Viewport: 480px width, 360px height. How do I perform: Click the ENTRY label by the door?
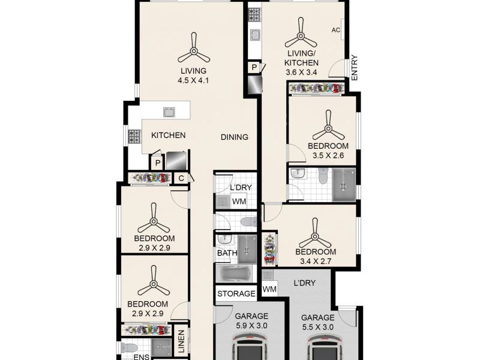click(355, 68)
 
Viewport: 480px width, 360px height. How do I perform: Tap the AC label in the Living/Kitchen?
click(336, 30)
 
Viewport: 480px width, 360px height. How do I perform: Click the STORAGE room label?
click(236, 293)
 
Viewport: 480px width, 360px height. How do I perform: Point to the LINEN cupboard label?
click(182, 341)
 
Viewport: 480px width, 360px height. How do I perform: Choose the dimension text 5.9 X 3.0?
click(251, 326)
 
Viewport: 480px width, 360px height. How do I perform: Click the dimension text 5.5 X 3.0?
click(318, 327)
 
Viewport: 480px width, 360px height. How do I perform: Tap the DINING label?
click(235, 137)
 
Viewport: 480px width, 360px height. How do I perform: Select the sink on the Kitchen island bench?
click(169, 112)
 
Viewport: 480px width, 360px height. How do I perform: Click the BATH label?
click(227, 253)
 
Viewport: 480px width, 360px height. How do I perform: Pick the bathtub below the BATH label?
click(236, 274)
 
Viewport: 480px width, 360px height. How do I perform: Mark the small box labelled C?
click(181, 178)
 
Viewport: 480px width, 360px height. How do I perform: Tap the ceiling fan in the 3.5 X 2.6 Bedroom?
click(328, 126)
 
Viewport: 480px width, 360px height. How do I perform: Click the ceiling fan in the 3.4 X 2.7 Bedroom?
click(315, 233)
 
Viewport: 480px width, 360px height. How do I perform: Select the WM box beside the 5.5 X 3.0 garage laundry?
click(269, 289)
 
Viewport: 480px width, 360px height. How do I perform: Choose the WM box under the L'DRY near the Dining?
click(239, 202)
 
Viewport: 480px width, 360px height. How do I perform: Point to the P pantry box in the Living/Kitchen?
click(254, 67)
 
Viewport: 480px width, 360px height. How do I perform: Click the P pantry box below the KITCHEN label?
click(157, 163)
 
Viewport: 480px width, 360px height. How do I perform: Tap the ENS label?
click(142, 356)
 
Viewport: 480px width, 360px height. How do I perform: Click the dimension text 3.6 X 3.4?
click(301, 73)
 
